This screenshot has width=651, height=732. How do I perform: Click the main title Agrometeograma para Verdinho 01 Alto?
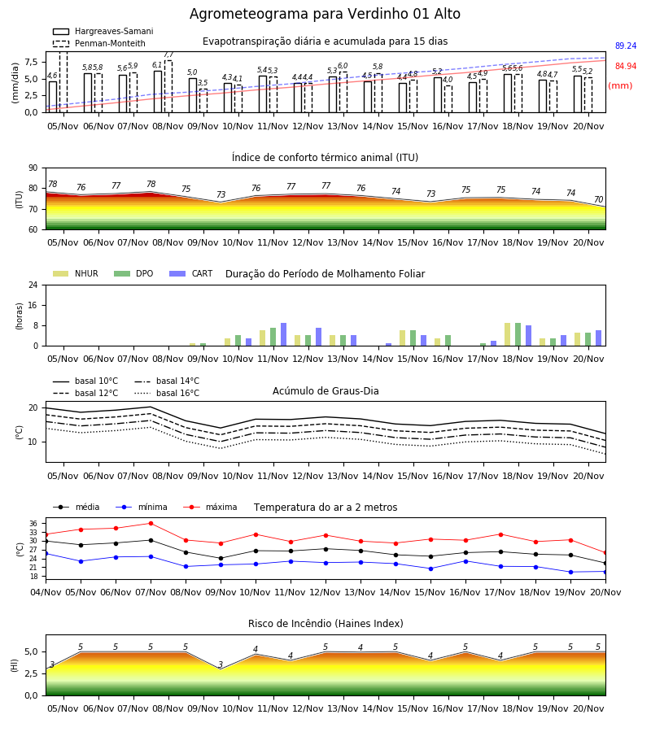pyautogui.click(x=325, y=14)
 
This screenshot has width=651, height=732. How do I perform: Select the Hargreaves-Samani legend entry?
pyautogui.click(x=103, y=31)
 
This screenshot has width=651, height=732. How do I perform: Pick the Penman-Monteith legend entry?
pyautogui.click(x=99, y=43)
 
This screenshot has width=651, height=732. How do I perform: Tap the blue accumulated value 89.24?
pyautogui.click(x=626, y=46)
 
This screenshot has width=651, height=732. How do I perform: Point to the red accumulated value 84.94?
pyautogui.click(x=626, y=67)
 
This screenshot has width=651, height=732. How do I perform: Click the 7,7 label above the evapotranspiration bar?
pyautogui.click(x=168, y=54)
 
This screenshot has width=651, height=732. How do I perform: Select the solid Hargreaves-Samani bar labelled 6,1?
pyautogui.click(x=158, y=91)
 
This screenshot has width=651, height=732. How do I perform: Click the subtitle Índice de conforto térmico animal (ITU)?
pyautogui.click(x=325, y=157)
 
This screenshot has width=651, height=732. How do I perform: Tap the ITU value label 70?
pyautogui.click(x=598, y=199)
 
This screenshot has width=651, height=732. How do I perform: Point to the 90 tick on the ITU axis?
pyautogui.click(x=33, y=168)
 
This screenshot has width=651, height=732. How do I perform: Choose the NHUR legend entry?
pyautogui.click(x=76, y=273)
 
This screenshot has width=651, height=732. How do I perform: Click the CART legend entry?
pyautogui.click(x=191, y=273)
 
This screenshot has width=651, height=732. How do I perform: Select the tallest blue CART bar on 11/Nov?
pyautogui.click(x=283, y=334)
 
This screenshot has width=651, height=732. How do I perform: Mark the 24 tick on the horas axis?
pyautogui.click(x=33, y=285)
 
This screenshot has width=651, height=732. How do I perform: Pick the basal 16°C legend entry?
pyautogui.click(x=167, y=393)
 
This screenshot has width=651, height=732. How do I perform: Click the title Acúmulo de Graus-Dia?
pyautogui.click(x=325, y=391)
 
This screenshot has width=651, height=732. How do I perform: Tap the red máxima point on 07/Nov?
pyautogui.click(x=151, y=523)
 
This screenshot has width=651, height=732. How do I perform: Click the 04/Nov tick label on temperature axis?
pyautogui.click(x=46, y=592)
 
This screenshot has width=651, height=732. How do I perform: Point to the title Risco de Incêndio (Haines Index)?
pyautogui.click(x=325, y=624)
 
